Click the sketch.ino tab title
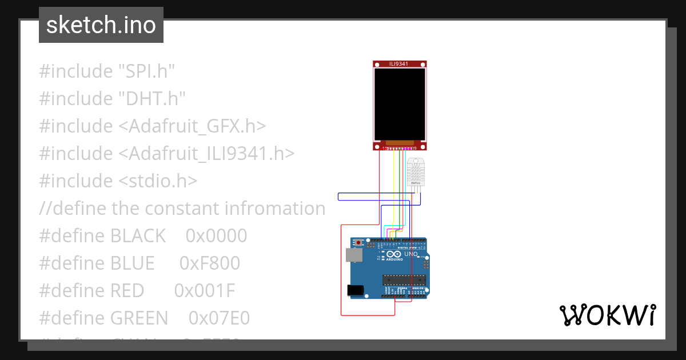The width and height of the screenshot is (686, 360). click(101, 25)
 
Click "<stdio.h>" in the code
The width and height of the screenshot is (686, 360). click(158, 181)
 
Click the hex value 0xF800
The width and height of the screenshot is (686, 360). click(210, 263)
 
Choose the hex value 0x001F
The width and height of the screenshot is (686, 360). click(205, 291)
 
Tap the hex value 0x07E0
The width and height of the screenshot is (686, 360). click(219, 318)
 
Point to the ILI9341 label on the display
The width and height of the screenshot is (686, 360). click(399, 63)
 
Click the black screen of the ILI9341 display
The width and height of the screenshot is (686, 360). click(400, 104)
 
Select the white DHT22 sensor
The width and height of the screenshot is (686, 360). click(416, 172)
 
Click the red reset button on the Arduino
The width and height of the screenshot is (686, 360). click(358, 243)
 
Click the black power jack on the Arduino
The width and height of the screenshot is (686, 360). click(356, 290)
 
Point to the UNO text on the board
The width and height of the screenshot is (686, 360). click(410, 254)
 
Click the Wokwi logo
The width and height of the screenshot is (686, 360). click(607, 315)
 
